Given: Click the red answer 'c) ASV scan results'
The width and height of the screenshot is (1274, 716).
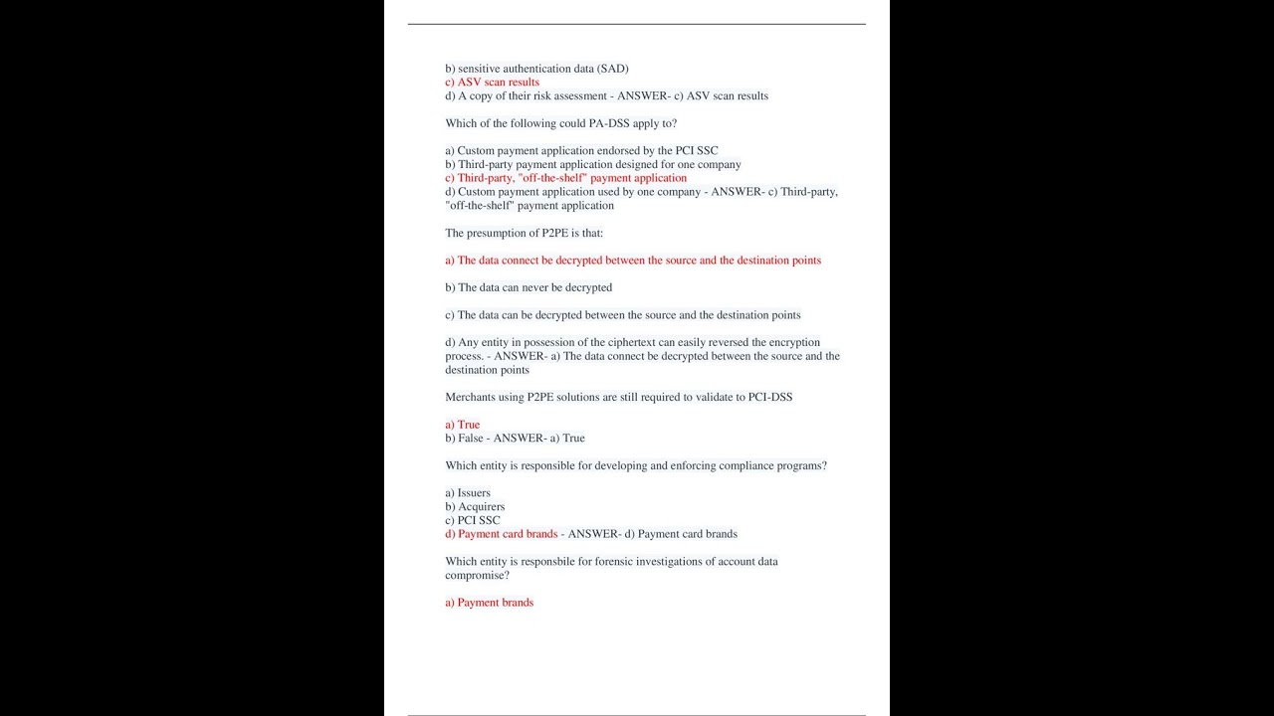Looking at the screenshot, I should [x=492, y=83].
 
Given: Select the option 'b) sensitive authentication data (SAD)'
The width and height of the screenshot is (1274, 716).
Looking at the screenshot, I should [x=536, y=69].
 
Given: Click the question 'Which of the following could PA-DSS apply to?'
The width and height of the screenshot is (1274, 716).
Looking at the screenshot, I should [x=560, y=123].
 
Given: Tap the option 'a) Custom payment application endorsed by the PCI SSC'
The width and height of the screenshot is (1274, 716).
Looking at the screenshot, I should [x=581, y=151].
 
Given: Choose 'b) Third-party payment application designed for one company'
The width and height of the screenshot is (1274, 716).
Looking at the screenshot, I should [x=592, y=164].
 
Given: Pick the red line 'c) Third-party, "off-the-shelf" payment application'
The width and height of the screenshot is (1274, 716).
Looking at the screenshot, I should [x=565, y=178].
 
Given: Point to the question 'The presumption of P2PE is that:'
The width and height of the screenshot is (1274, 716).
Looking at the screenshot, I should [x=524, y=233].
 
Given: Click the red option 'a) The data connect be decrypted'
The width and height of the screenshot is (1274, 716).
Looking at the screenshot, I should [x=633, y=261].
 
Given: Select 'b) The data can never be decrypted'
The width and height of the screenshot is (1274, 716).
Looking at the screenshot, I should [x=529, y=287].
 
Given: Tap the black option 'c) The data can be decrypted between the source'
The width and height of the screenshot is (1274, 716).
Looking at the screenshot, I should [x=622, y=315].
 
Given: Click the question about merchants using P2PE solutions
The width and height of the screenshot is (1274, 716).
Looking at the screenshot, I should [x=618, y=397].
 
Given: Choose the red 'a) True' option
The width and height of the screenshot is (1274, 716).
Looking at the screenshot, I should [x=462, y=425].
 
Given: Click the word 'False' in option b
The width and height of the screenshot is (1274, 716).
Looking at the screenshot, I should [x=471, y=438].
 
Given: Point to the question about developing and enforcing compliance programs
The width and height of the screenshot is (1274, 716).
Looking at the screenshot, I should [x=635, y=465].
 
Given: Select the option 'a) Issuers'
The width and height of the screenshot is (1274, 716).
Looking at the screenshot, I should [x=468, y=493].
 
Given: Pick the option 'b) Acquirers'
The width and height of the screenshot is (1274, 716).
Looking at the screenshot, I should [x=475, y=507].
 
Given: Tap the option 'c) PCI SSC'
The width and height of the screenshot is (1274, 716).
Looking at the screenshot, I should [x=473, y=520].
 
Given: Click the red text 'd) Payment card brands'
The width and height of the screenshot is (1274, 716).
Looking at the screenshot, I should [x=501, y=534].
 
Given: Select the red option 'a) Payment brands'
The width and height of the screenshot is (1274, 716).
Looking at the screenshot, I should [x=489, y=603].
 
